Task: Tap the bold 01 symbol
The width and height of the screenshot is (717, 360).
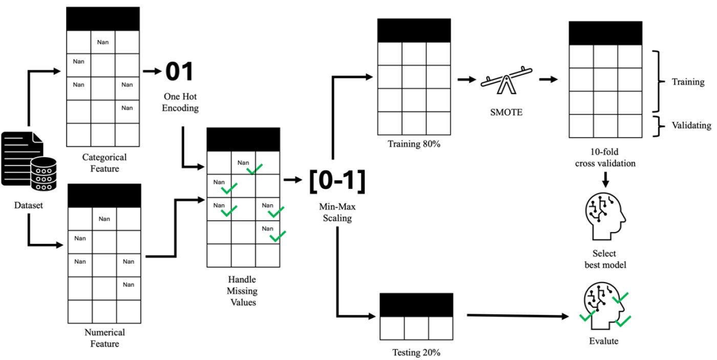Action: (x=180, y=72)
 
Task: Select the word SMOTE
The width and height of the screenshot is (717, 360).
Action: (x=505, y=112)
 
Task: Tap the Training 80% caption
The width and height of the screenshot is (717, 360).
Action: (x=414, y=144)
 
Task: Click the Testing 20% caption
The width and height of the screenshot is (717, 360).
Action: (x=416, y=353)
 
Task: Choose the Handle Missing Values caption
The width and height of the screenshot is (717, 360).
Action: (x=243, y=291)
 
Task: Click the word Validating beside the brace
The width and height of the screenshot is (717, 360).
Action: (x=684, y=125)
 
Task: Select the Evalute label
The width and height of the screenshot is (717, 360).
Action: (x=605, y=341)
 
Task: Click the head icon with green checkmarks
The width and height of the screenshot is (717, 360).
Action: (x=605, y=309)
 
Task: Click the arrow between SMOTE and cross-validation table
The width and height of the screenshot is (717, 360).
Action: (x=547, y=80)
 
